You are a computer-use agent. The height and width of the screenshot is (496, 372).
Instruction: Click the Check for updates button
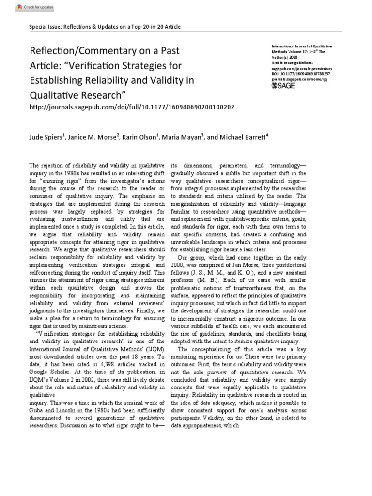[34, 8]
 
